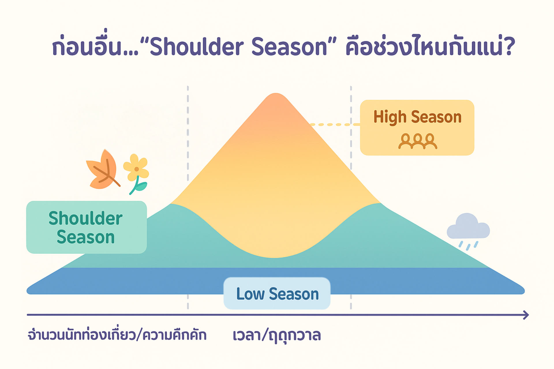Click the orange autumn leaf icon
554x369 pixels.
click(x=102, y=171)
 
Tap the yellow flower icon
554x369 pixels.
click(x=136, y=168)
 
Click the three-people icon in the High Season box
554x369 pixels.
click(x=418, y=141)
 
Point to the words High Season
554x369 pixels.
click(x=417, y=117)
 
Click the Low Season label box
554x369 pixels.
click(x=277, y=293)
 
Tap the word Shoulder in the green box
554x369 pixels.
click(x=85, y=218)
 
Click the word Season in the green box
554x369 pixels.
click(x=86, y=237)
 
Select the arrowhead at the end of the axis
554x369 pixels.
click(x=526, y=315)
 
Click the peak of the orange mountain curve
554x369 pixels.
click(x=276, y=95)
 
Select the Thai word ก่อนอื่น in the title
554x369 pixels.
click(x=87, y=46)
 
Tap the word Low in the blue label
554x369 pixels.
click(x=250, y=294)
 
